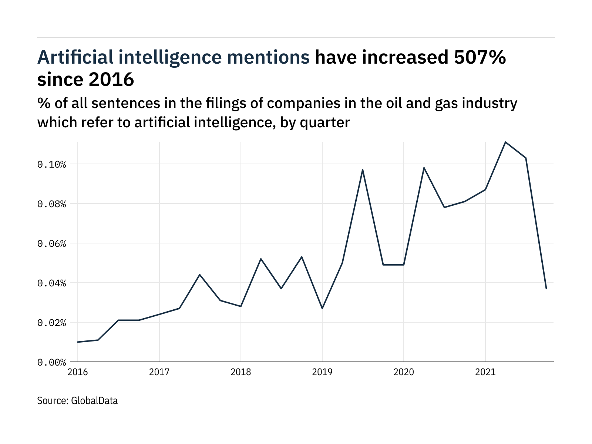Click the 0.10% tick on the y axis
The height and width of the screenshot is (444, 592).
51,164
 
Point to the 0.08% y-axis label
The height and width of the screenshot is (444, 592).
51,204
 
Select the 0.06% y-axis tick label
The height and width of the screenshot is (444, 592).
51,243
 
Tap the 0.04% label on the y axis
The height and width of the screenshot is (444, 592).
51,283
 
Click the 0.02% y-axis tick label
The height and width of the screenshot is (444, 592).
51,323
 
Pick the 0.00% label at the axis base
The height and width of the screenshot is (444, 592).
51,362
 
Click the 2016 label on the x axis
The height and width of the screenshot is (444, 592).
78,372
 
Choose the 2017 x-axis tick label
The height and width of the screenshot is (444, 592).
159,372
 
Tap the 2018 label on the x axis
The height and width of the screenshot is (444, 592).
240,372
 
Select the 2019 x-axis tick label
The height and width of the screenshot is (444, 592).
322,372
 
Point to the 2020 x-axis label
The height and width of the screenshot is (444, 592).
404,372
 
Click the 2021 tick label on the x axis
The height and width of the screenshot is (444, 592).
485,372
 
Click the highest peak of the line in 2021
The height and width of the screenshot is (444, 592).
505,142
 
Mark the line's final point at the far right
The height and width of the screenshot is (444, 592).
546,289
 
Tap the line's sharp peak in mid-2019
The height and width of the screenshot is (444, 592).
363,170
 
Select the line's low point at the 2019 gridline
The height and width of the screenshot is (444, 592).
322,308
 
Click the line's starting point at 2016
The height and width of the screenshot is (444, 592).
78,342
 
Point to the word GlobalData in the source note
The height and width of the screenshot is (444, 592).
94,401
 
